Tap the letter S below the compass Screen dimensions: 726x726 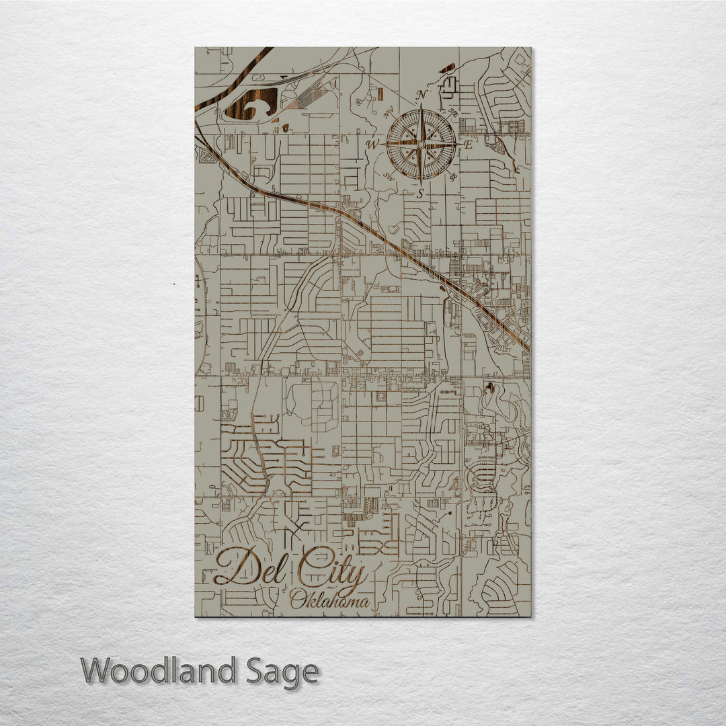(421, 194)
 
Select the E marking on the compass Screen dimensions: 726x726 (469, 144)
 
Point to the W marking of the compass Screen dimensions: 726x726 (372, 144)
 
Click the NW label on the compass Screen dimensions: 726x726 (388, 114)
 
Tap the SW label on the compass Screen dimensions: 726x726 (389, 176)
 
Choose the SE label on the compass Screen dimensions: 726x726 (454, 176)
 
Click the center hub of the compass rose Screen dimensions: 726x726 (421, 144)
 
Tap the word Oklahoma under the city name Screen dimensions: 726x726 (329, 600)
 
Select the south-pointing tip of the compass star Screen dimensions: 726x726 (421, 182)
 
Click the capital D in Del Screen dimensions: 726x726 (232, 567)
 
